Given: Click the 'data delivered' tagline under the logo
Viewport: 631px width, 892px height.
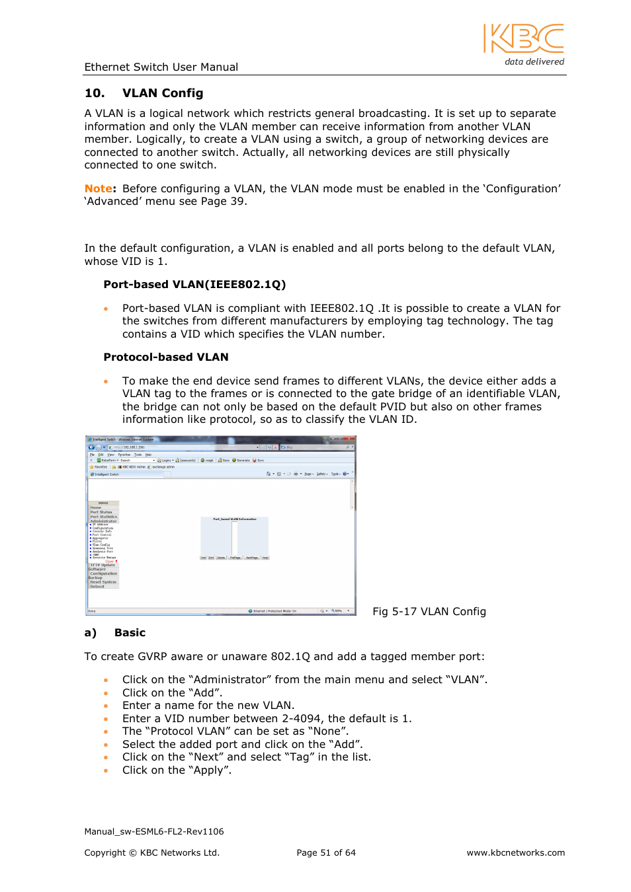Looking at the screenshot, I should click(x=534, y=62).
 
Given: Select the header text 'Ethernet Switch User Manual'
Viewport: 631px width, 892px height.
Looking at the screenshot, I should click(x=161, y=67).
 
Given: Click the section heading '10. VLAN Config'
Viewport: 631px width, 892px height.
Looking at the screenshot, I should click(x=144, y=93).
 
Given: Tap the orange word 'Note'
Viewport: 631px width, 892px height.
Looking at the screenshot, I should click(x=98, y=189).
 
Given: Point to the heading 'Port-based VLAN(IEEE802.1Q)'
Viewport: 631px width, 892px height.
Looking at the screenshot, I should click(x=194, y=285).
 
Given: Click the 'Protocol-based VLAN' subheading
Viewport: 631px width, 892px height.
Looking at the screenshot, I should click(x=165, y=357).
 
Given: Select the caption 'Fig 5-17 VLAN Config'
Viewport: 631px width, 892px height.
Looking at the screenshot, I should click(x=429, y=612).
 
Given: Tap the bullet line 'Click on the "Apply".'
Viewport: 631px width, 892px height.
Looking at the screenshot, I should click(x=177, y=770).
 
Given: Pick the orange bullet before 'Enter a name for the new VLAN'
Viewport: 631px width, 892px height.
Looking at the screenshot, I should click(x=106, y=706).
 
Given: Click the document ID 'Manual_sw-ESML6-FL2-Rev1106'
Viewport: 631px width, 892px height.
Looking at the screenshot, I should click(x=153, y=832).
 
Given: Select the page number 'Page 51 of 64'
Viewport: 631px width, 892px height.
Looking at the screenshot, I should click(x=325, y=853).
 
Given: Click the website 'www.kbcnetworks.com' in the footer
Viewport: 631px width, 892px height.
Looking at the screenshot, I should click(x=515, y=853).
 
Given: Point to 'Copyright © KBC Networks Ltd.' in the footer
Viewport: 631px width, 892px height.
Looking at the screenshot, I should click(x=151, y=853).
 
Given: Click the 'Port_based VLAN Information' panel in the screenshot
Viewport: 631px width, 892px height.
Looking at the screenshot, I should click(x=234, y=537).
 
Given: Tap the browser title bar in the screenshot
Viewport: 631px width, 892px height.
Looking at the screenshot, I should click(x=220, y=439).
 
